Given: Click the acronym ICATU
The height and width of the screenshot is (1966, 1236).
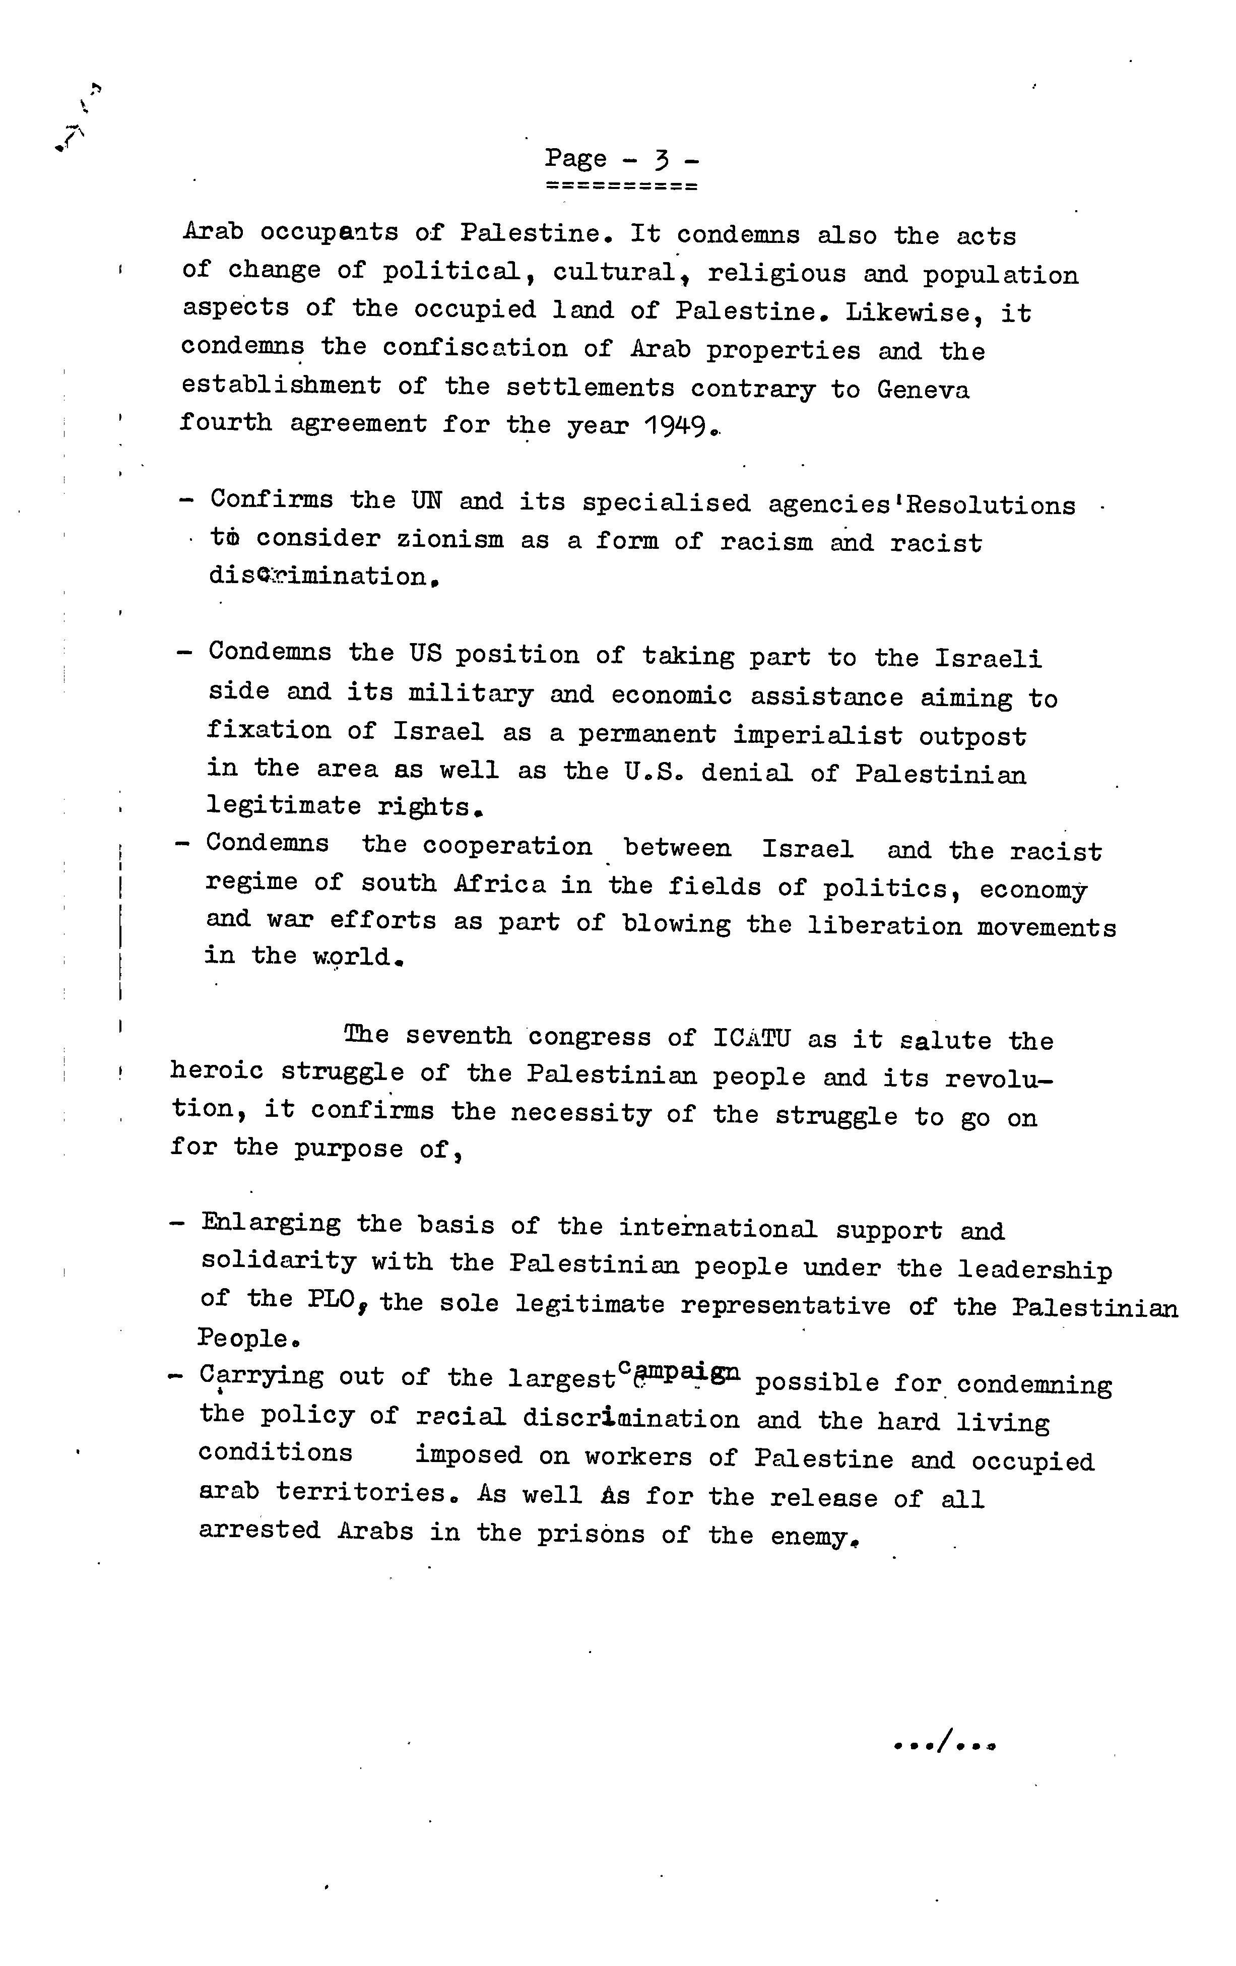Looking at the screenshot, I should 752,1039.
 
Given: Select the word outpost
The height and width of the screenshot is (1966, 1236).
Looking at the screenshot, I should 972,736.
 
